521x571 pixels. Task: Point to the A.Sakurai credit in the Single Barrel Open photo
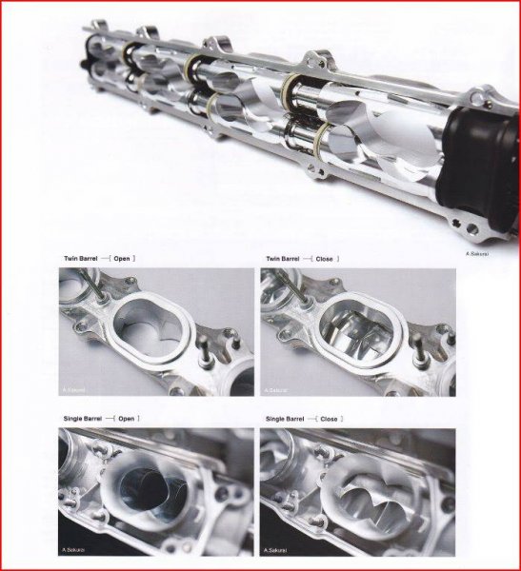[77, 552]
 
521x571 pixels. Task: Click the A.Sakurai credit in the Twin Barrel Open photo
[76, 387]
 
